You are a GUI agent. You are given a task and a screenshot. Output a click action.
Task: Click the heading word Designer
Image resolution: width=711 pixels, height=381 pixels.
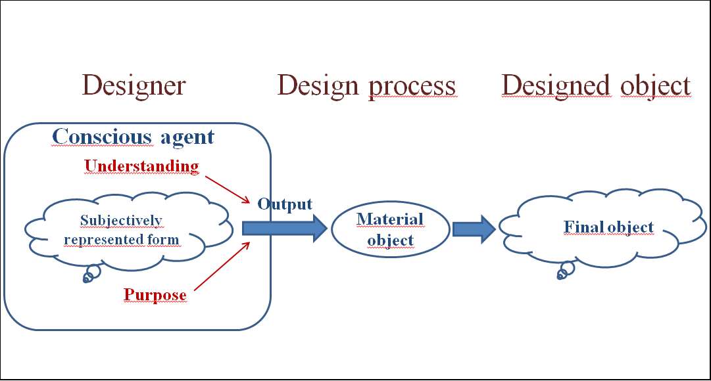pos(134,86)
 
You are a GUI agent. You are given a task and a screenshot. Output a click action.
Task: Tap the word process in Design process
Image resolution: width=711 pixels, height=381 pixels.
pos(412,87)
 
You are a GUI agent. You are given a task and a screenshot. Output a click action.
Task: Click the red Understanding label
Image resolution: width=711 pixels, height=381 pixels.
pos(141,166)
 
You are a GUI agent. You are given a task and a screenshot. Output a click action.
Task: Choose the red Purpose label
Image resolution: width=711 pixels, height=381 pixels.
pos(155,295)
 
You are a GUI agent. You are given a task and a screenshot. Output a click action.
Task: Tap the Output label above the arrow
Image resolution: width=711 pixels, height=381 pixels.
pos(285,204)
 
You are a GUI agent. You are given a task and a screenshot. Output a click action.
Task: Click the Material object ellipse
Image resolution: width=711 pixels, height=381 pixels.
pos(390,229)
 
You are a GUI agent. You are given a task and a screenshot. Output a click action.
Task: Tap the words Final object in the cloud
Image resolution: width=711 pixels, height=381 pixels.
pos(609,227)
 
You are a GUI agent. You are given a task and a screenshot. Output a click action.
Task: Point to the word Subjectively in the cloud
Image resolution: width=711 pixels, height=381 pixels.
pos(121,220)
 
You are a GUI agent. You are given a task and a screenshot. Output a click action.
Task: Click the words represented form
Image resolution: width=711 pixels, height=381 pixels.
pos(121,239)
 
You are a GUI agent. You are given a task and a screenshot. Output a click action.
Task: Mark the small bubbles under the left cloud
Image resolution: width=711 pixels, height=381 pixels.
pos(91,274)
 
